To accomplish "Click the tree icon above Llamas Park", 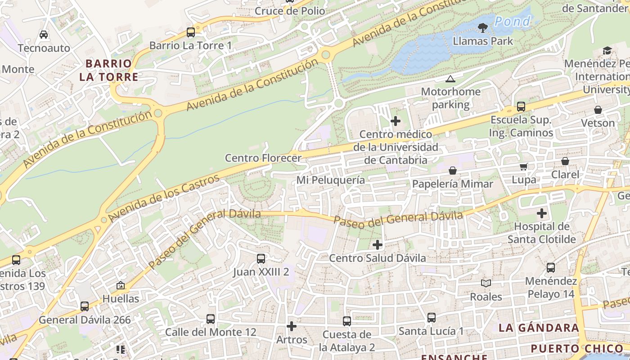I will (483, 28).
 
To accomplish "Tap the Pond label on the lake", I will (513, 21).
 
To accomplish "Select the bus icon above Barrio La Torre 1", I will (191, 32).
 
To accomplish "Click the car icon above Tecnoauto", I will (44, 35).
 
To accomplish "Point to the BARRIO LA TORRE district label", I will (108, 70).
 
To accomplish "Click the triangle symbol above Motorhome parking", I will (450, 79).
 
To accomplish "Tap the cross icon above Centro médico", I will (396, 121).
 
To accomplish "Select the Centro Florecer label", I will (263, 158).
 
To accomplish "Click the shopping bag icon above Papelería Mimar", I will (453, 171).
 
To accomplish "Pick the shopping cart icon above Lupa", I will (524, 167).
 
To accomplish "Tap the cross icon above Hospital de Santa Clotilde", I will (542, 213).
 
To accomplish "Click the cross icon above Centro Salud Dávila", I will (378, 245).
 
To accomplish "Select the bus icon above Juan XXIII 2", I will (261, 259).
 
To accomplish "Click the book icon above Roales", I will (486, 283).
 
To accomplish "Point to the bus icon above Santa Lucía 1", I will (431, 318).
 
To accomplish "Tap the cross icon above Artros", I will (292, 326).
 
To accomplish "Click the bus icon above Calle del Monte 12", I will (211, 319).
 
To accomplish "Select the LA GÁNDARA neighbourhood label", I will (539, 328).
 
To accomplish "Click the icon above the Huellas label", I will (121, 285).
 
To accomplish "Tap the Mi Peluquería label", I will (330, 180).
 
